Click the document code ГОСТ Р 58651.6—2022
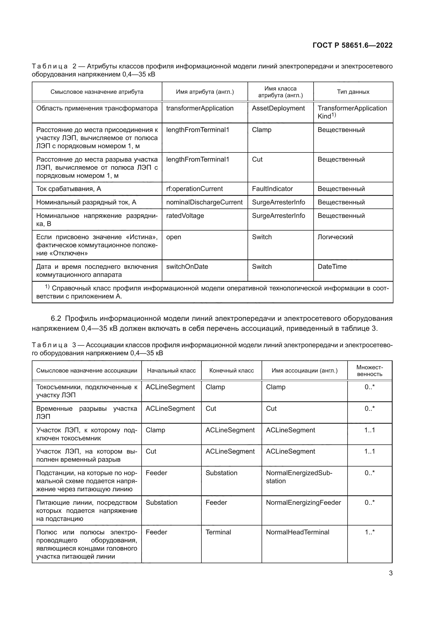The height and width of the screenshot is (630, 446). click(x=352, y=45)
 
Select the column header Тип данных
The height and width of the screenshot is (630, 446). click(x=353, y=92)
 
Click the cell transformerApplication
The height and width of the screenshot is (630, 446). click(x=200, y=108)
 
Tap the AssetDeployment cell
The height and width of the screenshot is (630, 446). click(x=278, y=108)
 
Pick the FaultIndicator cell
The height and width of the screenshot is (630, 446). click(x=272, y=189)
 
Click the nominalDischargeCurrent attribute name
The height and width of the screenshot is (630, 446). click(x=204, y=202)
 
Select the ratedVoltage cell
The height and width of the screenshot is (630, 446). click(x=185, y=216)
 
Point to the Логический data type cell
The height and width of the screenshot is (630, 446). click(x=335, y=237)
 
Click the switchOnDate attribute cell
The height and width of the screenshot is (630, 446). click(x=187, y=267)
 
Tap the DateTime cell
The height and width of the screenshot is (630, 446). click(x=332, y=267)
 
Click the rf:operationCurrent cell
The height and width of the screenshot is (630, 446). click(x=194, y=189)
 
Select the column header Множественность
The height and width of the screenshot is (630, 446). click(x=370, y=371)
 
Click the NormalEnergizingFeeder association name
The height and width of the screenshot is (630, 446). click(x=303, y=503)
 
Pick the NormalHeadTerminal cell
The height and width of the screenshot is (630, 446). click(x=297, y=532)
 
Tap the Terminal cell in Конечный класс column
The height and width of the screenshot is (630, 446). click(x=218, y=532)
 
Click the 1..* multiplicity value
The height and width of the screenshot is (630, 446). click(x=370, y=532)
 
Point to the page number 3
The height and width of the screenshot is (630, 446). click(x=390, y=573)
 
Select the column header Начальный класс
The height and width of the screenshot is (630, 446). click(x=171, y=371)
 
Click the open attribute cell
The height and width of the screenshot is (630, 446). click(x=174, y=237)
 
